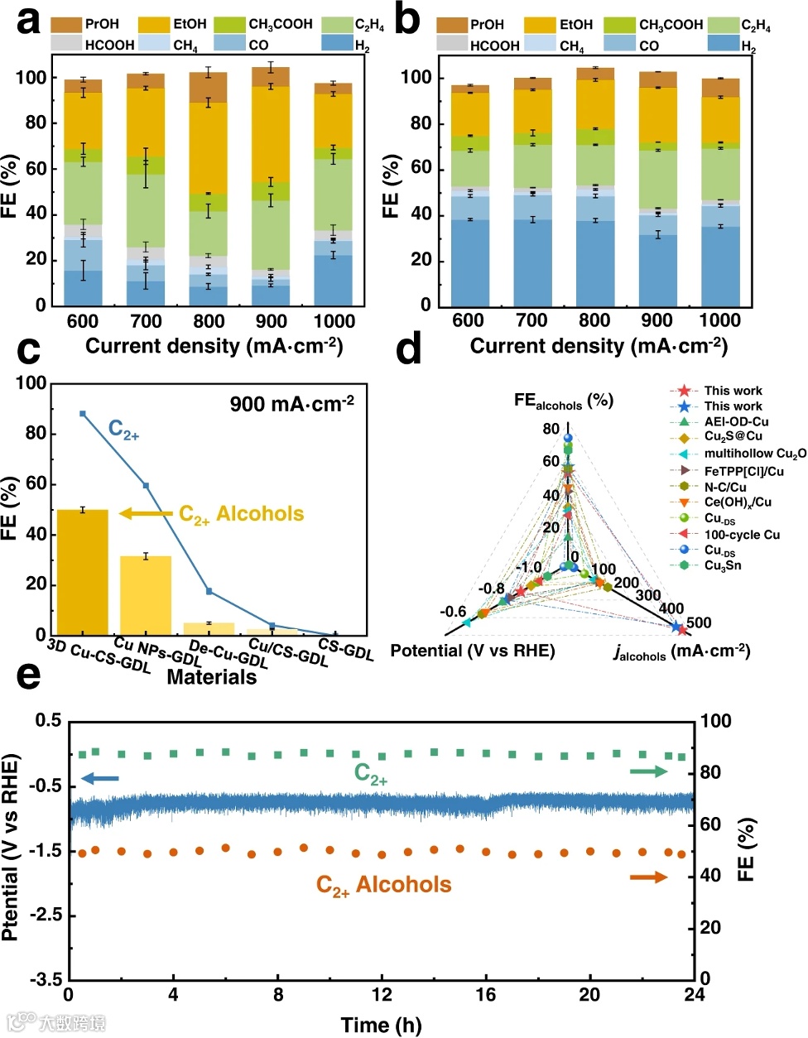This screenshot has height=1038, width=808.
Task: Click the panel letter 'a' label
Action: (x=28, y=21)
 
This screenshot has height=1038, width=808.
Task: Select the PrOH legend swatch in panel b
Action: (x=451, y=25)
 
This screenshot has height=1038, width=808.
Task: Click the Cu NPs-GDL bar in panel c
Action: (x=146, y=595)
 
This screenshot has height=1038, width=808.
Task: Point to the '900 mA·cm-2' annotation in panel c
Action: (x=291, y=404)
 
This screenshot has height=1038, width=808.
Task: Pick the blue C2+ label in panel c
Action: (x=123, y=430)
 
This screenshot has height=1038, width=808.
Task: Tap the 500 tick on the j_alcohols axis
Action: (x=698, y=622)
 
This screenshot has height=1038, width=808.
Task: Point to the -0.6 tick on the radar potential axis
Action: (x=452, y=612)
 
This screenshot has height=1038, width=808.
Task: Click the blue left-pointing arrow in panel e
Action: (x=100, y=779)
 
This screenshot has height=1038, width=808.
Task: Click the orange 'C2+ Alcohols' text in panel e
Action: (x=383, y=885)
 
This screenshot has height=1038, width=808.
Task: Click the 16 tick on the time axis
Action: (x=485, y=994)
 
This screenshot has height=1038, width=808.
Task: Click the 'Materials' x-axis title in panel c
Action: (x=211, y=677)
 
